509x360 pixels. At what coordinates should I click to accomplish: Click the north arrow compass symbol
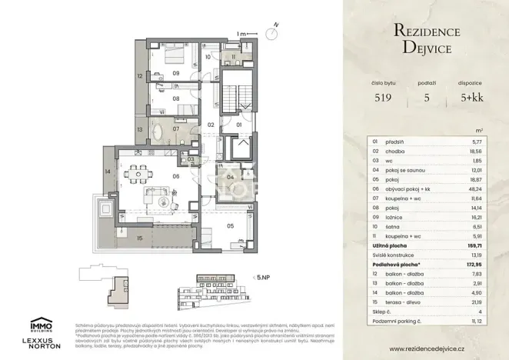point(271,32)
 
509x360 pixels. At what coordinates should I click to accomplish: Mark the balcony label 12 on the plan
point(140,76)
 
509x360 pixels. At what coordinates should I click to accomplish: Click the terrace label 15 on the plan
point(139,238)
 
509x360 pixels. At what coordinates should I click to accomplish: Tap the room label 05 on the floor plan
point(230,226)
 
